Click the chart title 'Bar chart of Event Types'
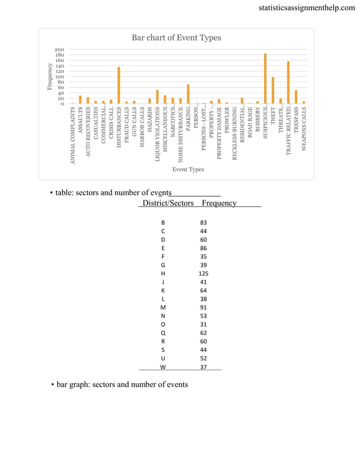[x=176, y=38]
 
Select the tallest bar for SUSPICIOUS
[x=265, y=78]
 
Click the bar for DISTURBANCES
[x=118, y=85]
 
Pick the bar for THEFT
[x=273, y=90]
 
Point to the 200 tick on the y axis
[x=59, y=50]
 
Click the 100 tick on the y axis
[x=59, y=77]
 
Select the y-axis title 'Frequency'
[x=50, y=76]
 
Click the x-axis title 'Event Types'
[x=188, y=169]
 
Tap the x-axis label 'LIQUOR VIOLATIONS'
[x=157, y=134]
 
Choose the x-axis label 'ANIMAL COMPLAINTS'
[x=72, y=135]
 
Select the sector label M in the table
[x=163, y=308]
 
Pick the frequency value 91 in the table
[x=203, y=308]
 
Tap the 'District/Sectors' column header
[x=168, y=203]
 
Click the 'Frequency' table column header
[x=219, y=203]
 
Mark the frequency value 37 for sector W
[x=203, y=367]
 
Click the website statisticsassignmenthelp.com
[x=306, y=8]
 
